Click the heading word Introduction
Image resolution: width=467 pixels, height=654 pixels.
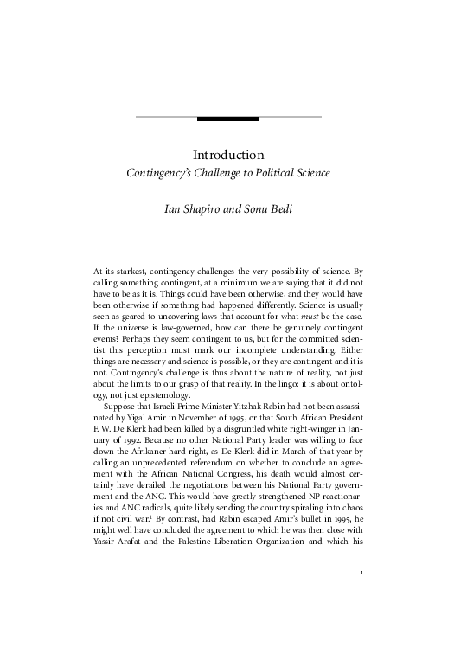click(x=228, y=155)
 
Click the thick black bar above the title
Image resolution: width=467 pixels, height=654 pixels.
click(x=228, y=118)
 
